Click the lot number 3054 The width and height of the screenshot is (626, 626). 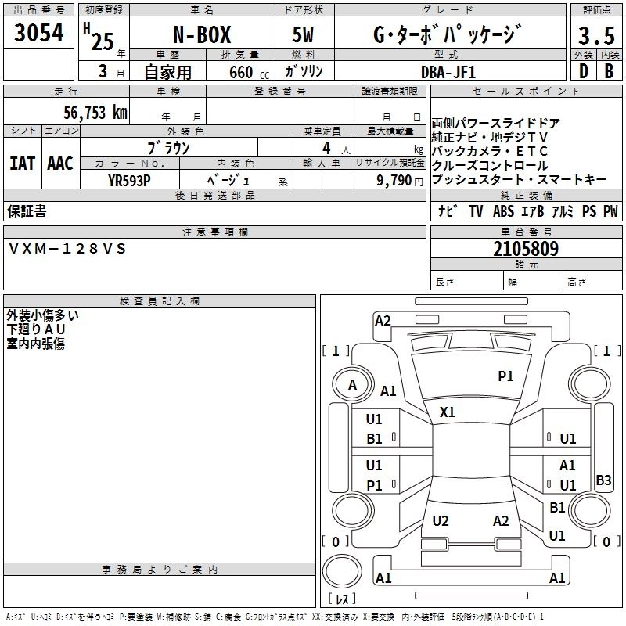pos(38,33)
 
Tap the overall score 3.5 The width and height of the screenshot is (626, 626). pos(595,36)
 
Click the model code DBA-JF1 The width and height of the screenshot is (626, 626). pos(447,71)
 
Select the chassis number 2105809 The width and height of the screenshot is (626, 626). pos(526,249)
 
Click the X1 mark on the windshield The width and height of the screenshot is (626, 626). pos(448,412)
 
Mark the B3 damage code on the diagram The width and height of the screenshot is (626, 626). pos(603,480)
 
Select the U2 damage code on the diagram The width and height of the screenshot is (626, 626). pos(441,521)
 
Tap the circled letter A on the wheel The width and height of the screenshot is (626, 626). pos(352,385)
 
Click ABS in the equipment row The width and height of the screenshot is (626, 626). pos(503,211)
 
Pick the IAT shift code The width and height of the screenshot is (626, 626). pos(22,164)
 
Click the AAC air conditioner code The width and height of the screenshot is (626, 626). pos(60,164)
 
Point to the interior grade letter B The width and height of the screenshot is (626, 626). pos(609,71)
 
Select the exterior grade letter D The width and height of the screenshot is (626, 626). pos(583,71)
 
